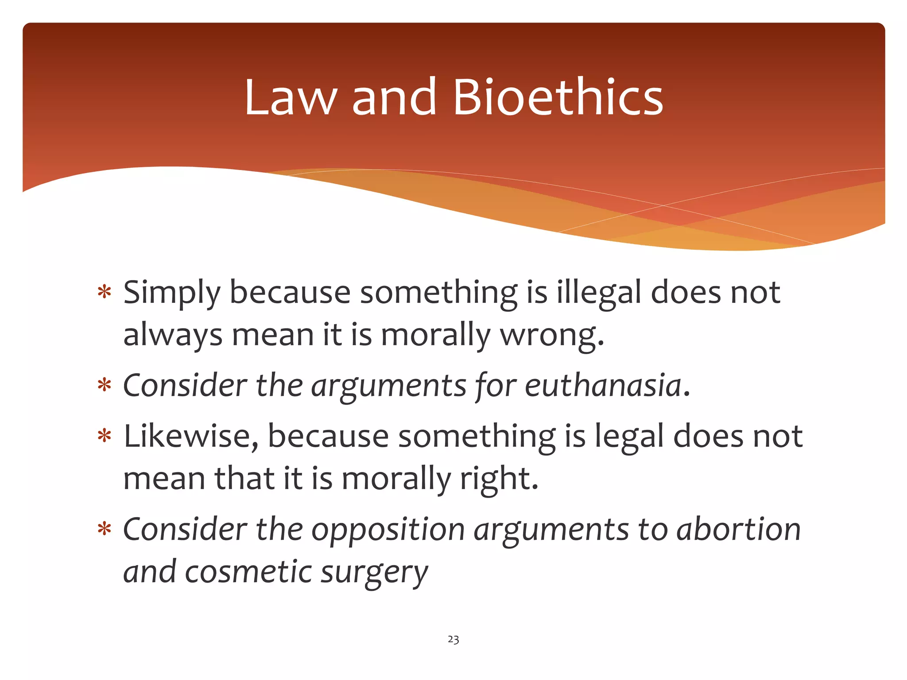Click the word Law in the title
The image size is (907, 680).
[x=291, y=98]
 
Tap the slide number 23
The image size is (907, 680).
[x=453, y=639]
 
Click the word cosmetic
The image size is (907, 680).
[x=248, y=572]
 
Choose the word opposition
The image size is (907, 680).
[x=388, y=530]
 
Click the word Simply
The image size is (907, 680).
[x=172, y=294]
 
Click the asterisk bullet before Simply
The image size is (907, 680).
[x=105, y=293]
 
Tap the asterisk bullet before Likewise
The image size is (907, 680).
[x=105, y=436]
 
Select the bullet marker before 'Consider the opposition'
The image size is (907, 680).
[x=105, y=529]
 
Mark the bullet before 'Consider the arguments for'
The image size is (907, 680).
[x=105, y=385]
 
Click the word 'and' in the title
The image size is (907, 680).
[x=394, y=97]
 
